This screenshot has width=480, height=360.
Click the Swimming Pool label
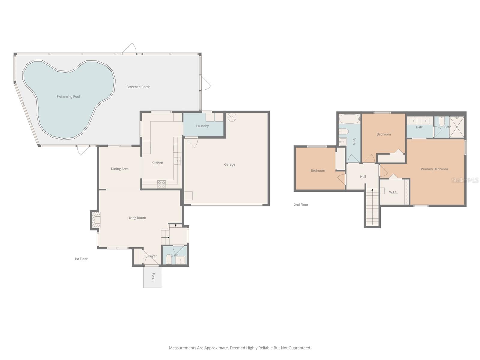click(68, 97)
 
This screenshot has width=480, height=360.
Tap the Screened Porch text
click(138, 87)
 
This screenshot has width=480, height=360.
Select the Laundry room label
click(202, 126)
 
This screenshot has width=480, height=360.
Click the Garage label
click(229, 164)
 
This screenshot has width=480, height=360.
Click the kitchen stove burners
click(161, 184)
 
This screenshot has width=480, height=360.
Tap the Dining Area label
click(119, 169)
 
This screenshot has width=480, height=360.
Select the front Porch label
click(153, 277)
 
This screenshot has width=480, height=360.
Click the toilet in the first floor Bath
click(169, 260)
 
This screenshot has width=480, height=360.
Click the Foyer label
click(152, 256)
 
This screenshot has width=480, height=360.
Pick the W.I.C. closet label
click(393, 192)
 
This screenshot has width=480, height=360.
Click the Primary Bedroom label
click(434, 169)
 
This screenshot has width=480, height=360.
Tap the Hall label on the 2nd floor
click(363, 177)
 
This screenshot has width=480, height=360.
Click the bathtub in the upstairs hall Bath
click(349, 119)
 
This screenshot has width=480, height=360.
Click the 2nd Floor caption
click(301, 205)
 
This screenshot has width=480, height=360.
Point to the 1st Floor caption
click(81, 259)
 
